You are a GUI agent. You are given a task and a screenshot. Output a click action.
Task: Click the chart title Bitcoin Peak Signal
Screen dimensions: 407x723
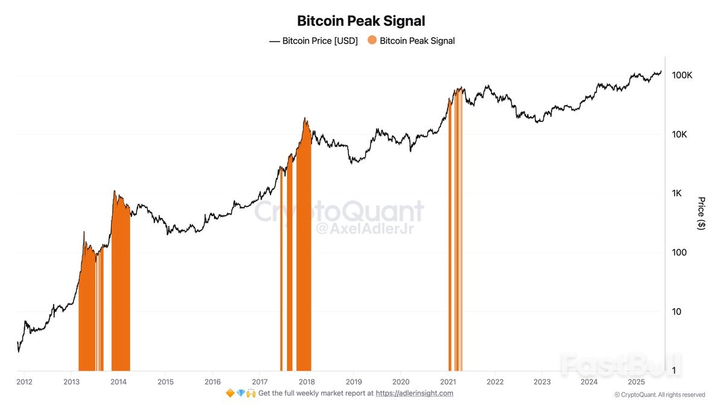[x=361, y=21]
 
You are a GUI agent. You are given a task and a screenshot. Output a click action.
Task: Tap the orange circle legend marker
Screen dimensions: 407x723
[x=372, y=40]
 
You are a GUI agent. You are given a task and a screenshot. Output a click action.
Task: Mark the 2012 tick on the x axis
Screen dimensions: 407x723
[x=25, y=382]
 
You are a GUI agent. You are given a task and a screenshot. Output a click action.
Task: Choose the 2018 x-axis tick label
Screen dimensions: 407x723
[x=307, y=382]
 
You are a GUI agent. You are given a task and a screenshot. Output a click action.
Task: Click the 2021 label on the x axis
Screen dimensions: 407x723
[x=448, y=382]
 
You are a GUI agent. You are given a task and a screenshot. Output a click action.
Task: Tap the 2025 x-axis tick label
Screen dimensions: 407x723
[x=636, y=382]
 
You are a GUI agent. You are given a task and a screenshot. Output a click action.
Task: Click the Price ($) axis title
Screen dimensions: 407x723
[x=701, y=213]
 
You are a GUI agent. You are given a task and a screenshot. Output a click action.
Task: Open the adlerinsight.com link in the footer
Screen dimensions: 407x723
[x=415, y=393]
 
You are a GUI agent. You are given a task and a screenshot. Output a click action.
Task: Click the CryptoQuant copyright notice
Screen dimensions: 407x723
[x=659, y=395]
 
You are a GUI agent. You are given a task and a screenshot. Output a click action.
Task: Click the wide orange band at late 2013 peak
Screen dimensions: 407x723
[x=120, y=289]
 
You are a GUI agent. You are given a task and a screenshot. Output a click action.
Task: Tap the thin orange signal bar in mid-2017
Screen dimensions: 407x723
[x=281, y=271]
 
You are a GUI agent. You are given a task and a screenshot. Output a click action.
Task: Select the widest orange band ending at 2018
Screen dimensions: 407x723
[x=304, y=253]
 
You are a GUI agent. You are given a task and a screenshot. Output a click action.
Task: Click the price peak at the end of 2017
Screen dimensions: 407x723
[x=305, y=119]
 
